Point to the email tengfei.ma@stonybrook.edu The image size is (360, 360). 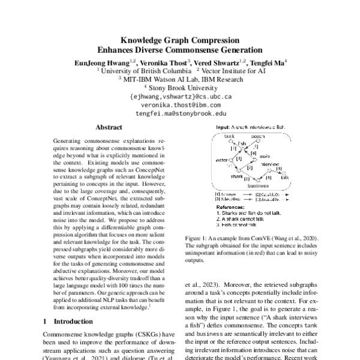point(181,113)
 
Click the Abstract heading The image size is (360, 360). point(109,128)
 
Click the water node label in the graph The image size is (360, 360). point(220,160)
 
